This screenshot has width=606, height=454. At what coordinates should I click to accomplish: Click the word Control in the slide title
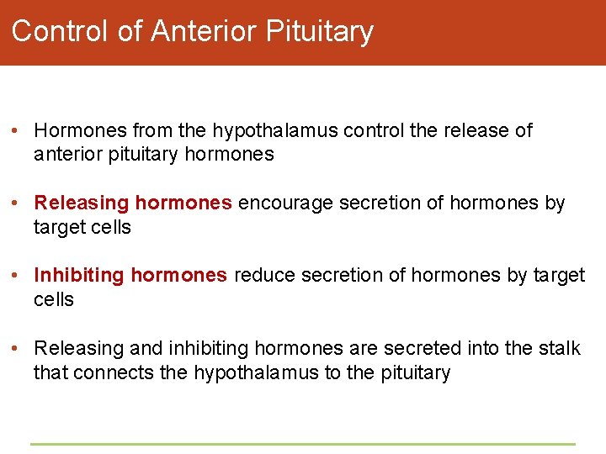click(61, 31)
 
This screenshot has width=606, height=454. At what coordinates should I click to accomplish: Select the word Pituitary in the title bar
click(319, 31)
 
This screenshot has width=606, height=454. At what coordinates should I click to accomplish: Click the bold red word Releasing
click(82, 203)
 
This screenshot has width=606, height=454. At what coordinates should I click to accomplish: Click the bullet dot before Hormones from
click(16, 131)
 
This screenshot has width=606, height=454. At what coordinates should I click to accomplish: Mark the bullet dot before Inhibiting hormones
click(16, 276)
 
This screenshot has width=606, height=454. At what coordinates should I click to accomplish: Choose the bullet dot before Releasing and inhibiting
click(16, 348)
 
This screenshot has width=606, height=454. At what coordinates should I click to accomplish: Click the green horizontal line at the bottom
click(303, 444)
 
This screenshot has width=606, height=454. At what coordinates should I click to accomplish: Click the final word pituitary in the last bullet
click(415, 372)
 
